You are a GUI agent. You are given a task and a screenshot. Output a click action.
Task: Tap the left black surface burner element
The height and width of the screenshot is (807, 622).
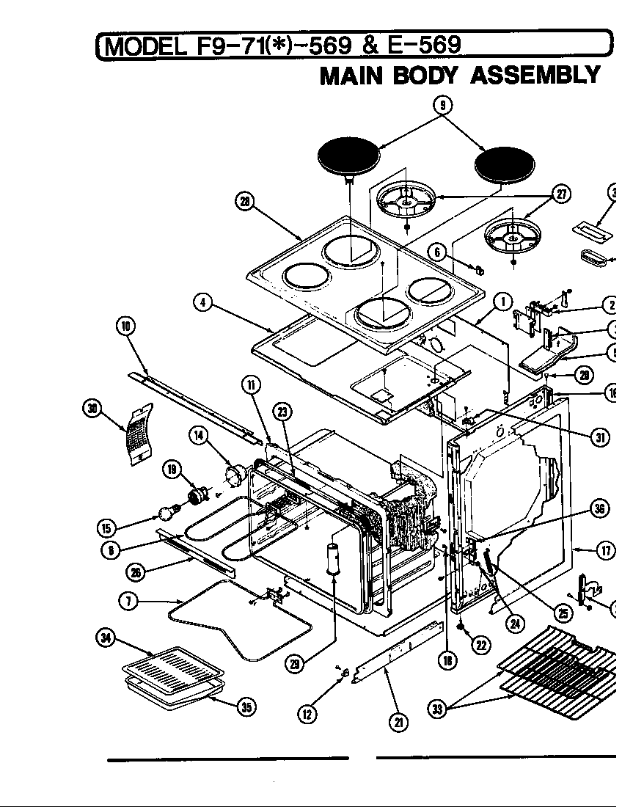[x=350, y=158]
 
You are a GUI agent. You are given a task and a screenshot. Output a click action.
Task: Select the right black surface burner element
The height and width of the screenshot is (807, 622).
[x=502, y=164]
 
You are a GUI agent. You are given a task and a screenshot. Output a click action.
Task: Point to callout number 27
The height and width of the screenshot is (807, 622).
[x=561, y=194]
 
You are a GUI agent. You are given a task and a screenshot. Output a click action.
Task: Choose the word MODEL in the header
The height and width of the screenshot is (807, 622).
[x=144, y=45]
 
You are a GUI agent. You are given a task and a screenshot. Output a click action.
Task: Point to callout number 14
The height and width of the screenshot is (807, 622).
[x=198, y=437]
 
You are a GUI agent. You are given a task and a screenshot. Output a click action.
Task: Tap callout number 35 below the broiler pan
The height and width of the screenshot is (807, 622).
[x=246, y=707]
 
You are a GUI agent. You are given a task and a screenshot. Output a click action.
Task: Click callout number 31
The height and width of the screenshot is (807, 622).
[x=600, y=437]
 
